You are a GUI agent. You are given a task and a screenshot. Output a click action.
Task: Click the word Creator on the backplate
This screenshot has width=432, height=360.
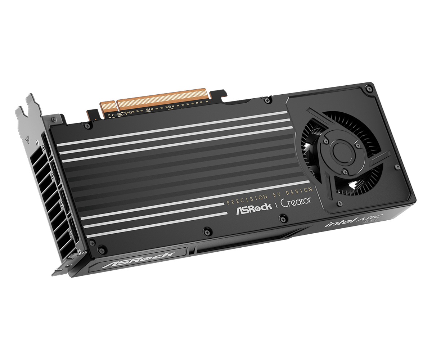296,202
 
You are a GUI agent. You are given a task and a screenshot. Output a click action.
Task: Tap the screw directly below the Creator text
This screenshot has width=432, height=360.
283,217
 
